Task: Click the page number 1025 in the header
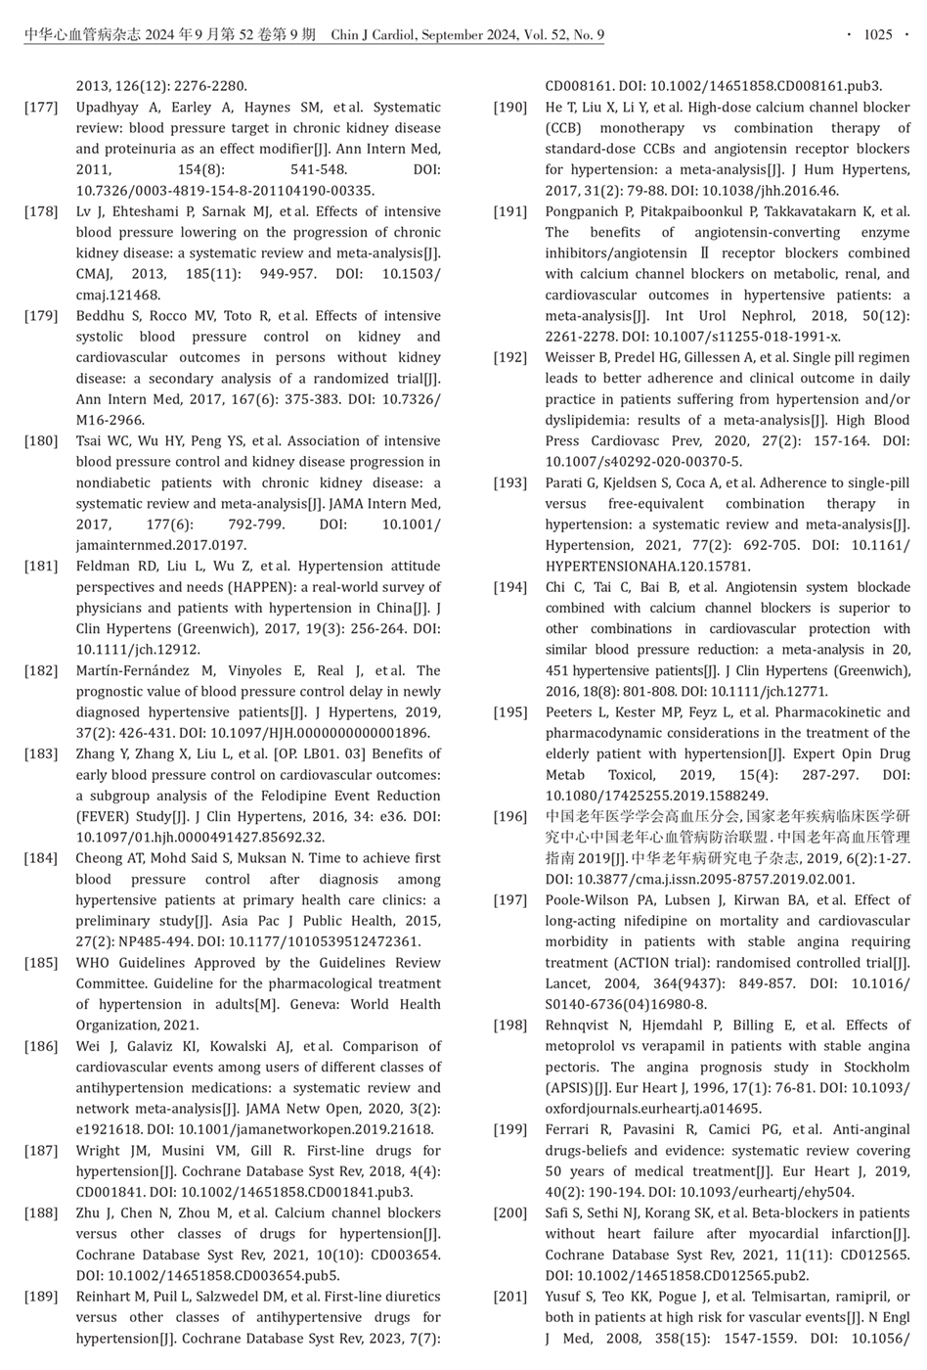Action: pyautogui.click(x=877, y=35)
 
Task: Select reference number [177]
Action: pyautogui.click(x=40, y=108)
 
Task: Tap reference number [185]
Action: pyautogui.click(x=40, y=963)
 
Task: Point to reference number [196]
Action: pyautogui.click(x=509, y=817)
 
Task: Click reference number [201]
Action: pyautogui.click(x=509, y=1297)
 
